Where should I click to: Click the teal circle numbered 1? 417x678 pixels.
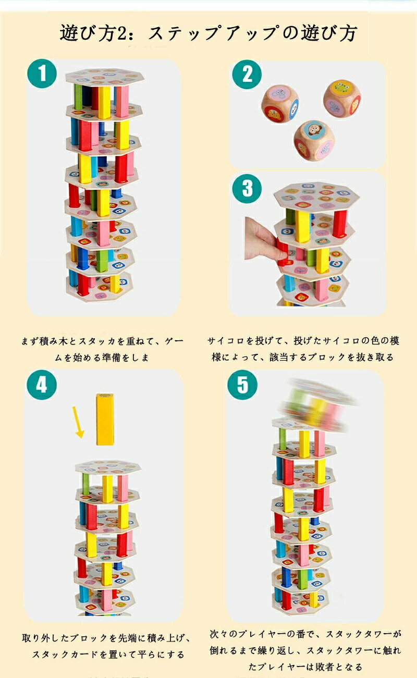point(42,73)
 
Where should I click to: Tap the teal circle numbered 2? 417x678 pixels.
point(247,74)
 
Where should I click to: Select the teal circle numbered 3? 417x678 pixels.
point(247,188)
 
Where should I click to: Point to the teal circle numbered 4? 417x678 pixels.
point(42,385)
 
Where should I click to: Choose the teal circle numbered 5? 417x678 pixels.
point(242,385)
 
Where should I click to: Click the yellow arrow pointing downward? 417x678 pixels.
point(78,422)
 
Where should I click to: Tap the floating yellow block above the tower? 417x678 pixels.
point(105,419)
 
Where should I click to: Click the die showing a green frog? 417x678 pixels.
point(342,100)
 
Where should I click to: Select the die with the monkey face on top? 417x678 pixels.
point(314,140)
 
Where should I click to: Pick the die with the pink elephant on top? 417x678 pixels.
point(280,104)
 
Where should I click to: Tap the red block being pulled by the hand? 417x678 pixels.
point(282,254)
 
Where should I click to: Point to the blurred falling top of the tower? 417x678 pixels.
point(318,404)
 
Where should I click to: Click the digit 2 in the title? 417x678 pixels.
point(122,33)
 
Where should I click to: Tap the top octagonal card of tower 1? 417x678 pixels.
point(105,77)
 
